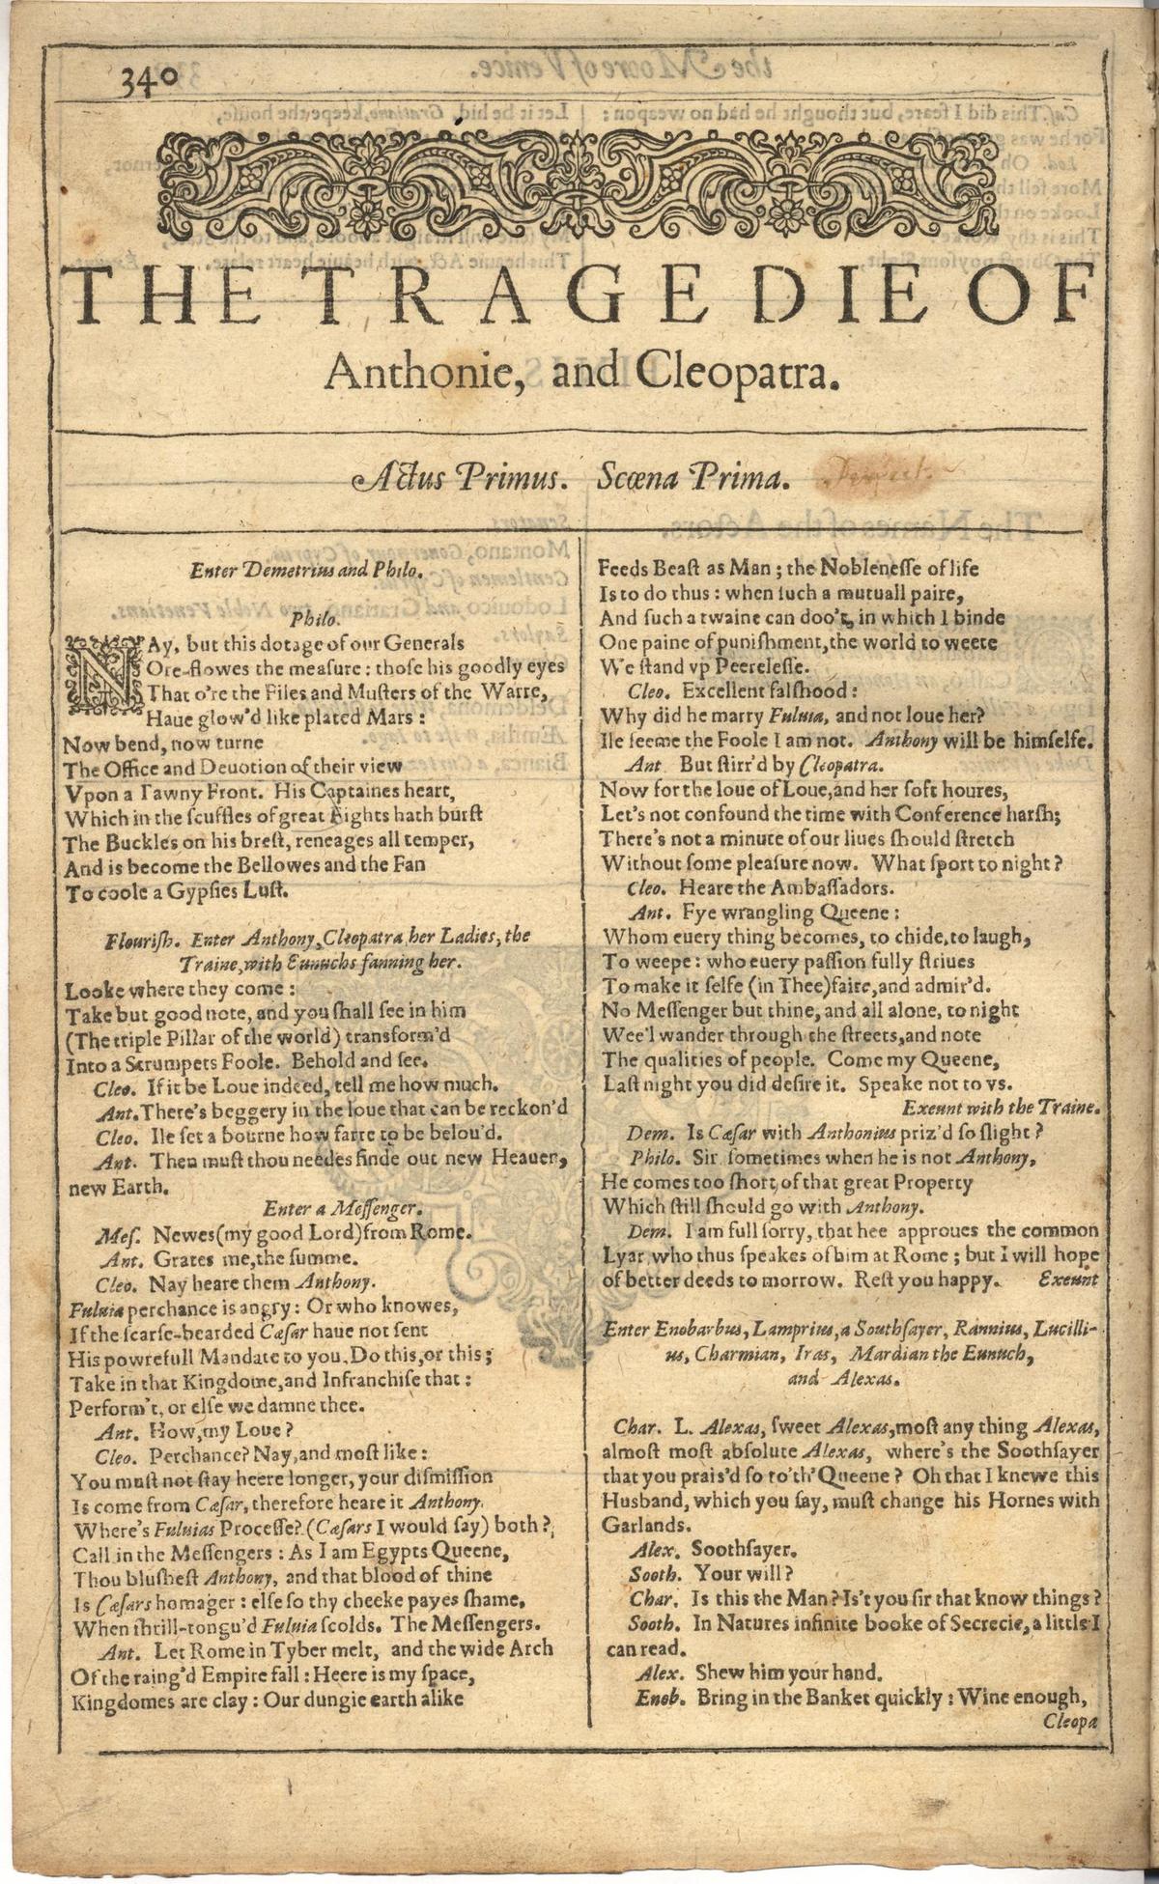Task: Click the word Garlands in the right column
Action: (x=643, y=1526)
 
